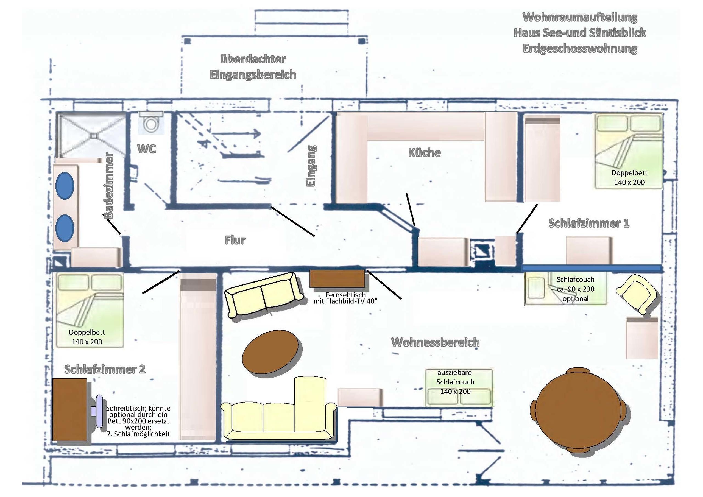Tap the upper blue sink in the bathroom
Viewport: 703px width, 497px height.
click(x=65, y=186)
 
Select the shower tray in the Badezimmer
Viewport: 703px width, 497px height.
click(x=91, y=135)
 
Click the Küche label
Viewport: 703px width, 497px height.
click(x=424, y=152)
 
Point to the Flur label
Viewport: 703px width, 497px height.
click(x=235, y=240)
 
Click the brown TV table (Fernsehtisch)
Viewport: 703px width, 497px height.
click(x=337, y=279)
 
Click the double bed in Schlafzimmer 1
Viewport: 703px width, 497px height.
click(x=629, y=151)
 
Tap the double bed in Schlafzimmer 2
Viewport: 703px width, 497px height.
click(x=90, y=310)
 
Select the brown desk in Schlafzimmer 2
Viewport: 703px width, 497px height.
click(x=70, y=410)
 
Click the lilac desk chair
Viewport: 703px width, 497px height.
click(x=98, y=411)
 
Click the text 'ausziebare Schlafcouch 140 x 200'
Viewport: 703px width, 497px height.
click(x=455, y=382)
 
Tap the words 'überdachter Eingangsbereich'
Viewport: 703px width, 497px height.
click(x=253, y=67)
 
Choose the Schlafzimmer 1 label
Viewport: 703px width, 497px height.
click(x=588, y=223)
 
